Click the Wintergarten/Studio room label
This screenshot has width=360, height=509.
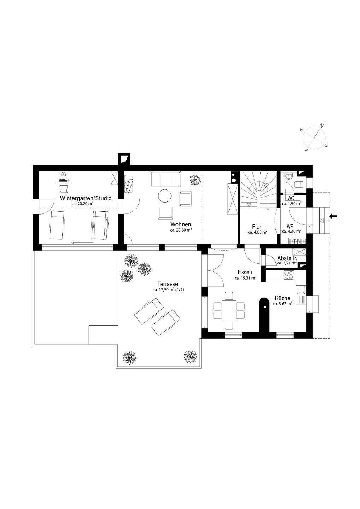(86, 198)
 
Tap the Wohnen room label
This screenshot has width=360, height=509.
(181, 224)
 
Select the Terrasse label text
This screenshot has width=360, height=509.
(168, 284)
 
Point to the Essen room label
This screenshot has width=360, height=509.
(245, 272)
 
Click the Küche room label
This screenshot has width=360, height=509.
(282, 298)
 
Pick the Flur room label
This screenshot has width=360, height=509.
(257, 227)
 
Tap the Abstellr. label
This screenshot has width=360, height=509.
(287, 258)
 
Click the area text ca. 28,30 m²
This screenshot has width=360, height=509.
(181, 230)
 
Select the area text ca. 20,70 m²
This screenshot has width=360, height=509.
(82, 204)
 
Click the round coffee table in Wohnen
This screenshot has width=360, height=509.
(164, 196)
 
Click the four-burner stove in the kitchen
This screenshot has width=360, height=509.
(289, 275)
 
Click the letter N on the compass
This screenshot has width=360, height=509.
(321, 125)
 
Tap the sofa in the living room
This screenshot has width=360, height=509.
(166, 180)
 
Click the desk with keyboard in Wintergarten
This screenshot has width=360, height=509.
(64, 177)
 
